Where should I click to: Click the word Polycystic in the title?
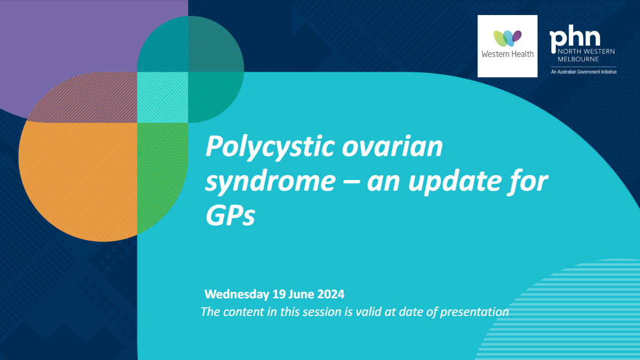pyautogui.click(x=264, y=147)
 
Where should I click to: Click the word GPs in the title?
pyautogui.click(x=230, y=216)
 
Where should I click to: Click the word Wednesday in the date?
pyautogui.click(x=237, y=294)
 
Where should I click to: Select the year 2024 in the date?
pyautogui.click(x=330, y=294)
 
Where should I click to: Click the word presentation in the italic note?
pyautogui.click(x=474, y=311)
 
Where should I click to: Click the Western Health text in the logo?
pyautogui.click(x=507, y=54)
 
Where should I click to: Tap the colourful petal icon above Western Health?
pyautogui.click(x=507, y=38)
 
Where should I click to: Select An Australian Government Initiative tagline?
pyautogui.click(x=583, y=72)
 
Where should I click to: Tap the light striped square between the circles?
pyautogui.click(x=162, y=97)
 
